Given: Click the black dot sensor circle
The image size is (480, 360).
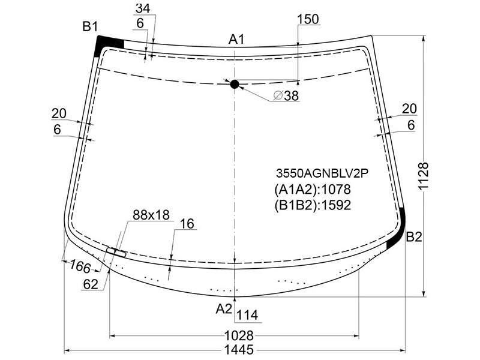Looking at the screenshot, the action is (235, 84).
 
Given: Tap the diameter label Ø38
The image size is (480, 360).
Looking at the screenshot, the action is (286, 96).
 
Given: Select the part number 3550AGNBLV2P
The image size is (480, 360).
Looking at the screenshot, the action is (322, 173).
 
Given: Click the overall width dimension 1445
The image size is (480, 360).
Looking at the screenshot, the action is (239, 350).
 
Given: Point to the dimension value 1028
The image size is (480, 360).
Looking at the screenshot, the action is (239, 335).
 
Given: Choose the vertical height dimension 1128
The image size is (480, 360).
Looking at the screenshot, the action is (424, 176).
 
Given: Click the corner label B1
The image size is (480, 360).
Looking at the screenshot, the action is (91, 27).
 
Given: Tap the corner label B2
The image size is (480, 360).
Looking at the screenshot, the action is (414, 237).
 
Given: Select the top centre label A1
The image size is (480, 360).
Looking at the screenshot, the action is (236, 40).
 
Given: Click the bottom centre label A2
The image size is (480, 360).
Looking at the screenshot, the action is (224, 309).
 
